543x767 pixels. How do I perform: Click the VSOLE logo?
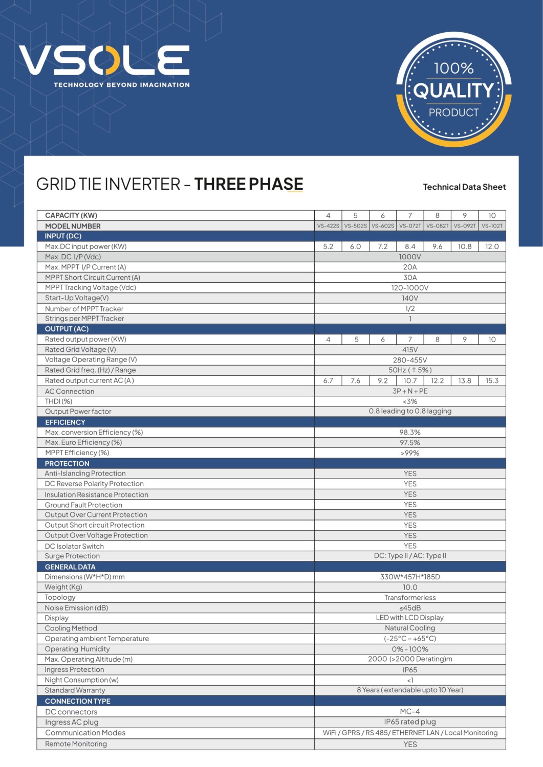(x=104, y=60)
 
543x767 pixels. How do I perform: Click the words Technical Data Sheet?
(x=464, y=187)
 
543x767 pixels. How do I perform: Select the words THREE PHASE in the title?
(x=249, y=184)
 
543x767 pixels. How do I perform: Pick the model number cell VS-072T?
(x=410, y=226)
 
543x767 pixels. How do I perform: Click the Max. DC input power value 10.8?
(x=465, y=246)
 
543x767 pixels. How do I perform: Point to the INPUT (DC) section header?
(x=63, y=236)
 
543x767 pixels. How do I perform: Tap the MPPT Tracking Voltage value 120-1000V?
(x=410, y=288)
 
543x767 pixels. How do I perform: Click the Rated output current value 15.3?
(x=492, y=380)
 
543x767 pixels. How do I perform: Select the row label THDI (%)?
(x=59, y=401)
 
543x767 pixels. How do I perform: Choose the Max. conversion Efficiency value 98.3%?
(x=410, y=432)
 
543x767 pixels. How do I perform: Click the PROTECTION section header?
(x=67, y=464)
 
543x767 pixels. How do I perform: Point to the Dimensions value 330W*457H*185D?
(x=410, y=577)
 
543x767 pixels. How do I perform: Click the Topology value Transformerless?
(x=410, y=598)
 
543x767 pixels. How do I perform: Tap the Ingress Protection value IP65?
(x=410, y=670)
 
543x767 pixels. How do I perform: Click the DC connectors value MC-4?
(x=410, y=712)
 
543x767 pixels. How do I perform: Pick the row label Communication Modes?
(x=85, y=733)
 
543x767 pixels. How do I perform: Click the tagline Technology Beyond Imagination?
(x=122, y=85)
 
